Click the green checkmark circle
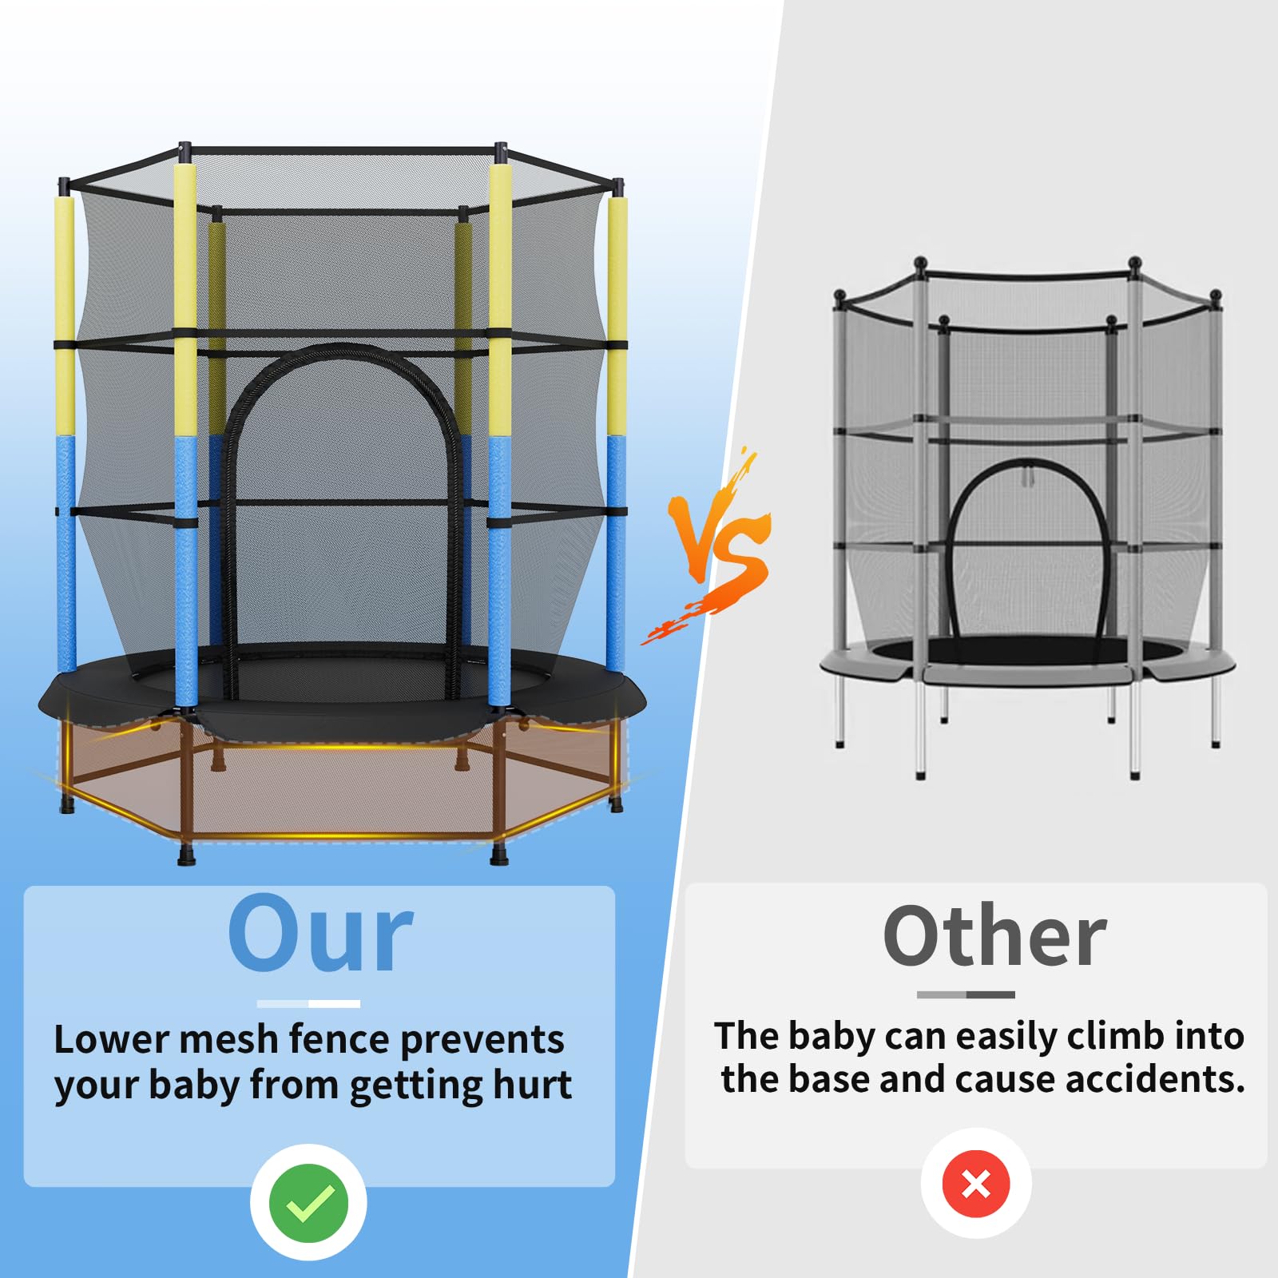coord(308,1203)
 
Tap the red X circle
coord(976,1184)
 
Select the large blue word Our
coord(320,933)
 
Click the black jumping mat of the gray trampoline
coord(1030,650)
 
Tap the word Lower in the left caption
coord(112,1039)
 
